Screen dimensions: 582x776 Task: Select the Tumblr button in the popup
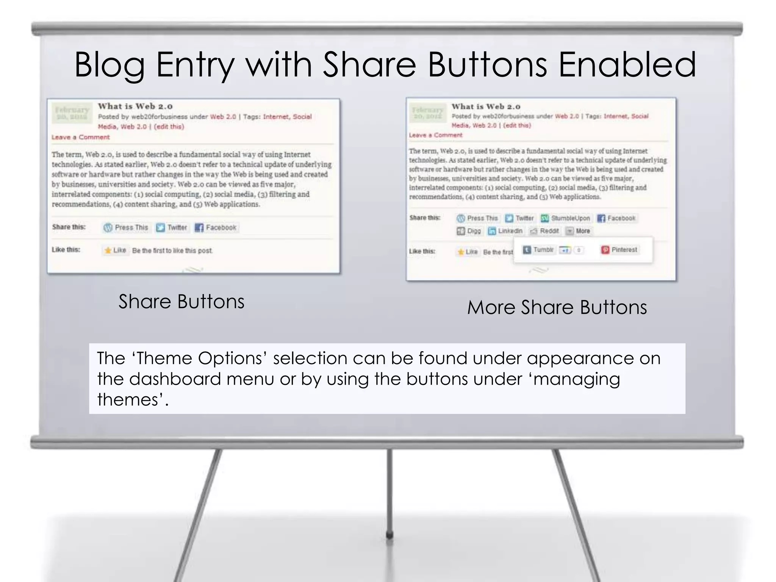pos(538,250)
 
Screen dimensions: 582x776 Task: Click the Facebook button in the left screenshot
pos(216,227)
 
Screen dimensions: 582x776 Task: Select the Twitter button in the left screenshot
pos(172,227)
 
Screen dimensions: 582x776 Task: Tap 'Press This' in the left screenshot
pos(126,227)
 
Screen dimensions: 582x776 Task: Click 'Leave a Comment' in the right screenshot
pos(436,135)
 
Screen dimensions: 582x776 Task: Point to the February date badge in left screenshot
pos(72,113)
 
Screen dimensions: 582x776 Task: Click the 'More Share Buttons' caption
pos(557,307)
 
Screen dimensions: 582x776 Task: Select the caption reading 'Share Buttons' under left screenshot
pos(181,302)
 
